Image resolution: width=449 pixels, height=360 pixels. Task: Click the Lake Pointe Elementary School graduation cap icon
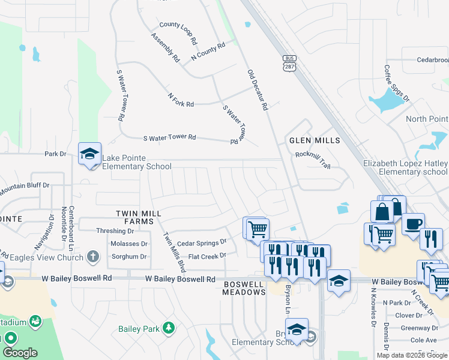pyautogui.click(x=89, y=154)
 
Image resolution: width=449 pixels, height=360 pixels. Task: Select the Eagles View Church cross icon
pyautogui.click(x=92, y=257)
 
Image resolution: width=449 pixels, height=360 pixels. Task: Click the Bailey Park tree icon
pyautogui.click(x=170, y=328)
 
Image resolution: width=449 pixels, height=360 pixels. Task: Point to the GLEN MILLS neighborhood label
pyautogui.click(x=315, y=140)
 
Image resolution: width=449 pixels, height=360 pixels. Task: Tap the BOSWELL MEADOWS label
pyautogui.click(x=244, y=287)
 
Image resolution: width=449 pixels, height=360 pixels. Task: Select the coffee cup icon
pyautogui.click(x=412, y=224)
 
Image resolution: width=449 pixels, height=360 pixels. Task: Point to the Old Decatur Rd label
pyautogui.click(x=257, y=90)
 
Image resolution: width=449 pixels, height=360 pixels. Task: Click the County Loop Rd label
pyautogui.click(x=178, y=33)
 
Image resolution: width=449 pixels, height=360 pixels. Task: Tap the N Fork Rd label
pyautogui.click(x=181, y=100)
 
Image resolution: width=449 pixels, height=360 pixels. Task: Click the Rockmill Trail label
pyautogui.click(x=313, y=159)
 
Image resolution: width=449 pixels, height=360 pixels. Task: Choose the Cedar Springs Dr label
pyautogui.click(x=202, y=243)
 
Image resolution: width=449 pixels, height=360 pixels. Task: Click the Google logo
pyautogui.click(x=20, y=353)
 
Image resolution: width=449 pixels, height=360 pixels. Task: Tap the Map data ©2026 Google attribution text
pyautogui.click(x=412, y=355)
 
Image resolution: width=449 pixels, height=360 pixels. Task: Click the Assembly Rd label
pyautogui.click(x=165, y=48)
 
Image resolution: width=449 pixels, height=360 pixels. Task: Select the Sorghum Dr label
pyautogui.click(x=130, y=257)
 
